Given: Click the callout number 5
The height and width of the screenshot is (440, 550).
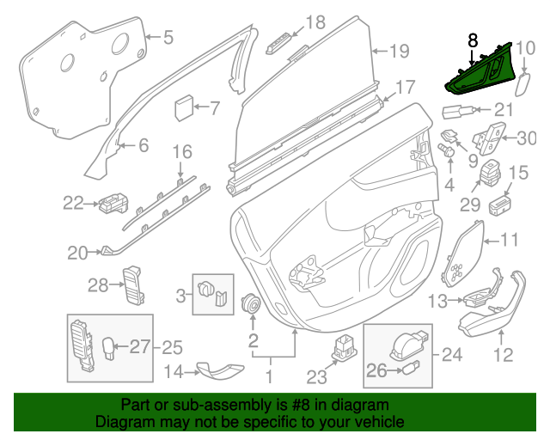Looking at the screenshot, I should [168, 37].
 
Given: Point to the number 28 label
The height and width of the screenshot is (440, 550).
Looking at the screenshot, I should [97, 284].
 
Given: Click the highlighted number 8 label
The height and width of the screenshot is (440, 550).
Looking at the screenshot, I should [472, 40].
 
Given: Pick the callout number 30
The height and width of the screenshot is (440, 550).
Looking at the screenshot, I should [526, 137].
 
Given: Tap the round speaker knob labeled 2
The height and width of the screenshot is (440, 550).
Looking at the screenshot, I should [253, 304].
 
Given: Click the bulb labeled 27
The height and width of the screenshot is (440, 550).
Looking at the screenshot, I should [110, 348].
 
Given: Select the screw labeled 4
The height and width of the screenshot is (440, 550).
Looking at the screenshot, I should [448, 151].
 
